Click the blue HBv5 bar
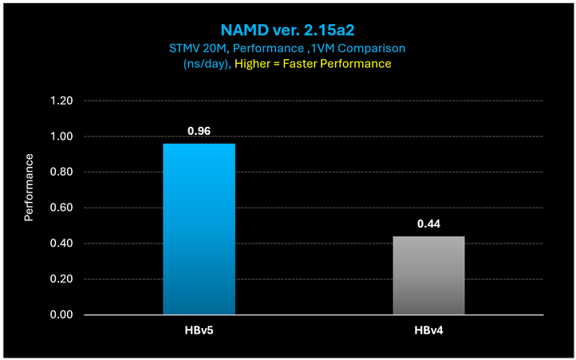click(199, 229)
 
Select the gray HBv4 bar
click(428, 275)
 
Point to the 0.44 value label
click(428, 224)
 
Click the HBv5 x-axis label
click(199, 331)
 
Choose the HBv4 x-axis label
click(428, 331)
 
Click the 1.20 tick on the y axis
click(61, 101)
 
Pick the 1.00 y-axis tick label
click(61, 137)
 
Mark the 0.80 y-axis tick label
click(61, 172)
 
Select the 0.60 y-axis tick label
click(61, 208)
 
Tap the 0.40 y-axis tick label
click(61, 243)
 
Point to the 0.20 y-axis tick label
click(61, 279)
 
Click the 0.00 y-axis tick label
click(61, 315)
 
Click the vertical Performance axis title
click(30, 188)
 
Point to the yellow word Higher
click(257, 64)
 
